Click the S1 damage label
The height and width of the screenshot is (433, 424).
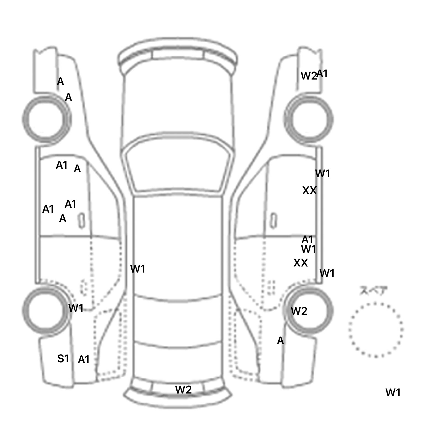pos(63,359)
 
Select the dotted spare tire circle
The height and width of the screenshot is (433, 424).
pos(376,330)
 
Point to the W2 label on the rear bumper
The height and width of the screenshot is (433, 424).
pos(183,390)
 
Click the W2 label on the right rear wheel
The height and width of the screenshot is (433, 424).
pos(299,311)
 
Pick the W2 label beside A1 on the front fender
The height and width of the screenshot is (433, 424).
pos(308,76)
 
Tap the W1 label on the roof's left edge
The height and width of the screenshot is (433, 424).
pos(137,269)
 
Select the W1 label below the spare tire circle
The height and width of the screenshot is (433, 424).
pos(393,392)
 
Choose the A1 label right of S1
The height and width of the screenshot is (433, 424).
pos(84,360)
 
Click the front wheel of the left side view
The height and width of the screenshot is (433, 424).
pos(46,119)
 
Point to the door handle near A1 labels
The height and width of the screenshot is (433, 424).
pos(82,220)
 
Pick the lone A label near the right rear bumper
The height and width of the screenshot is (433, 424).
pos(280,341)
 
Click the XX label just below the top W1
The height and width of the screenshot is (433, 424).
pos(309,191)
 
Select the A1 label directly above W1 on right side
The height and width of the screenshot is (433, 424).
pos(308,239)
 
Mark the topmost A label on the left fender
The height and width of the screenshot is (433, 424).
pos(60,82)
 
